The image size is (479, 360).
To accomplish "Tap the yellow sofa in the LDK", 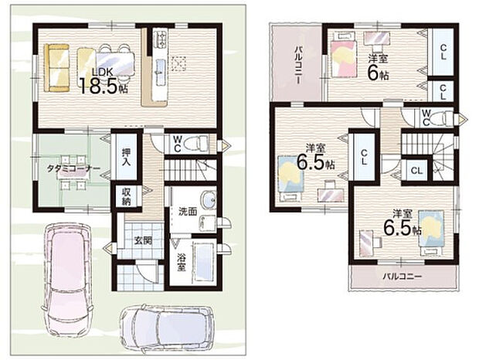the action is click(57, 68).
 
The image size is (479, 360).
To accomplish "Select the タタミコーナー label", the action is click(73, 169).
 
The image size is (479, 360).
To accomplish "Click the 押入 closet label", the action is click(126, 157).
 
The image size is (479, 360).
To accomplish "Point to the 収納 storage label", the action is click(127, 197).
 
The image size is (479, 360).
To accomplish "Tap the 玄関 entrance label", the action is click(143, 241).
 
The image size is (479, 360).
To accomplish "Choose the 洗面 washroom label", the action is click(188, 212).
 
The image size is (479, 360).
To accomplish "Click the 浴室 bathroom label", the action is click(182, 263).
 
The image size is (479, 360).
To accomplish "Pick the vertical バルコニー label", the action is click(298, 64).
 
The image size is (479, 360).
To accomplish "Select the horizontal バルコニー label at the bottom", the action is click(403, 277).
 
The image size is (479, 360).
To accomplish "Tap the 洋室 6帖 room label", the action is click(378, 68).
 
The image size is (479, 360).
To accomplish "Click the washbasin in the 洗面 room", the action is click(209, 200).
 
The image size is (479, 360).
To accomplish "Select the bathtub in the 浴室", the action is click(203, 263).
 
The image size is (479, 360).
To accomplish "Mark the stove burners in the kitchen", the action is click(161, 38).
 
